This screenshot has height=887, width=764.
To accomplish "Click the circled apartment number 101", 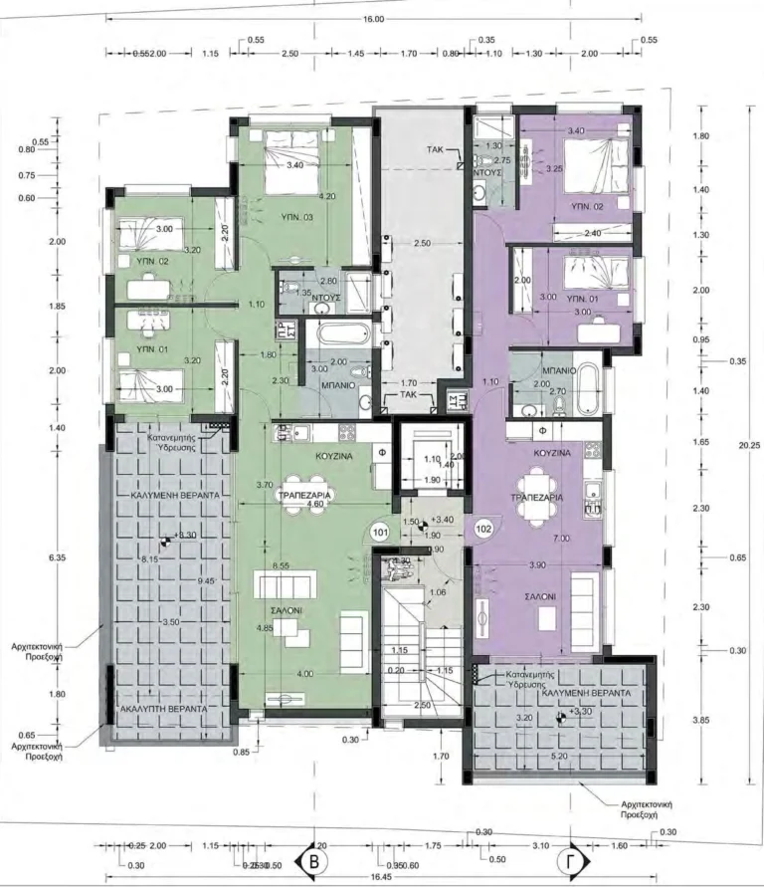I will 380,532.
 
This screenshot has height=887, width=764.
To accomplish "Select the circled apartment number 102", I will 484,529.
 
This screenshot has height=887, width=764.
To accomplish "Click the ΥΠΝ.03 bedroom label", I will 296,216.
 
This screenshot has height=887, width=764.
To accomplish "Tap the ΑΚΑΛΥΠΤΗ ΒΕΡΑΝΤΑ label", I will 164,707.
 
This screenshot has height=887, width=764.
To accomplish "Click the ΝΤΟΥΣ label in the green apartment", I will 326,297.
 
